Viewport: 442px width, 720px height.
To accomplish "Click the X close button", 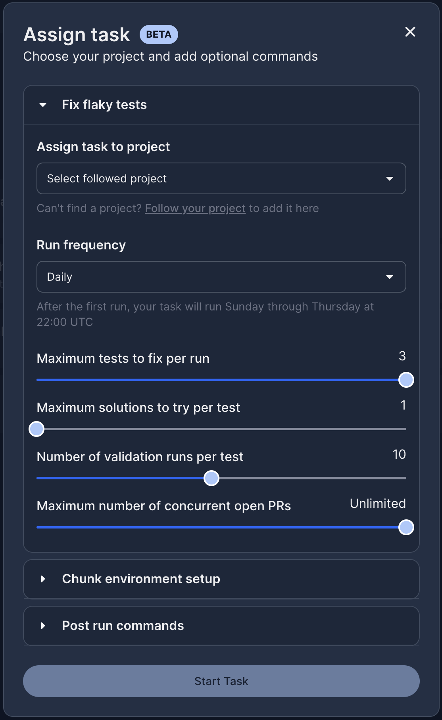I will (x=410, y=32).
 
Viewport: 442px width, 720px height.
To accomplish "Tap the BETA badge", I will (x=159, y=34).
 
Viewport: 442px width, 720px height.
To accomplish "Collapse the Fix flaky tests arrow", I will (x=43, y=105).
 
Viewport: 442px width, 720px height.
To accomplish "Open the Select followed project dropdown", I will (x=221, y=178).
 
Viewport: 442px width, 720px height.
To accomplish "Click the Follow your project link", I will (x=195, y=208).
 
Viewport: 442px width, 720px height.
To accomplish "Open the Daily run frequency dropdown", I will (x=221, y=277).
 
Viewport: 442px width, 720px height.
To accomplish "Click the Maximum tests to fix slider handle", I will (x=406, y=380).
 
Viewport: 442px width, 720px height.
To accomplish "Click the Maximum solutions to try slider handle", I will (x=37, y=429).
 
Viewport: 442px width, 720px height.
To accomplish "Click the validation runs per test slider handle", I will (x=211, y=478).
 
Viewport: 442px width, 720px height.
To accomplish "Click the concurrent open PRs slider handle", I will (x=406, y=527).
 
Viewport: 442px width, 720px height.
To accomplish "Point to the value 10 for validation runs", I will (x=399, y=454).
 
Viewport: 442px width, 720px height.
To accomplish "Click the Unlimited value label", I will (x=378, y=504).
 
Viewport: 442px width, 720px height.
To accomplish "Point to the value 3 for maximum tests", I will (x=402, y=356).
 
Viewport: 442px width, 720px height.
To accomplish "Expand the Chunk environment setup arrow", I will (x=43, y=579).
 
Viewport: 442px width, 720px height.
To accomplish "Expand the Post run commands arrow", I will (x=43, y=626).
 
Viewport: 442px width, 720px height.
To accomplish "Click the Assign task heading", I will (x=77, y=34).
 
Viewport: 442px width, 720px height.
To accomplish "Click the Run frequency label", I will (x=81, y=245).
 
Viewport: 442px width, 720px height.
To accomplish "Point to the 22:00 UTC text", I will (x=65, y=322).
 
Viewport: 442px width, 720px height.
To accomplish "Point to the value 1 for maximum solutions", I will (x=403, y=405).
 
